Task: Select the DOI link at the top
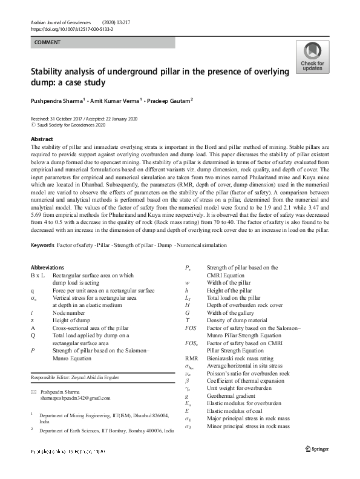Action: (x=71, y=28)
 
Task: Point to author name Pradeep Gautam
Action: (x=175, y=100)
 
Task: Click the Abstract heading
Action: (x=42, y=139)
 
